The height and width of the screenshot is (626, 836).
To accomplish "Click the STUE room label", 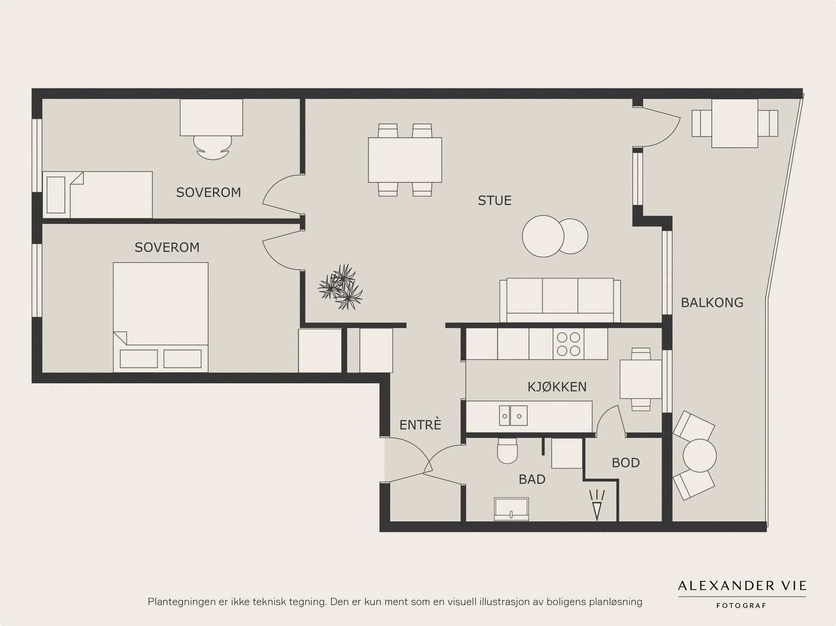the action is click(494, 201).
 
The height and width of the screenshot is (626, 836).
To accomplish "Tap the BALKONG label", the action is click(712, 303).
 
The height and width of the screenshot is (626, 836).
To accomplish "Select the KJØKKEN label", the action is click(557, 387).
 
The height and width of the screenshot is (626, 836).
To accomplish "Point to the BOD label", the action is click(625, 463).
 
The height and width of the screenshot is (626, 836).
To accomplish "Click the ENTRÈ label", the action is click(420, 425).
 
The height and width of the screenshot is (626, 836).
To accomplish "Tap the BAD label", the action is click(532, 479).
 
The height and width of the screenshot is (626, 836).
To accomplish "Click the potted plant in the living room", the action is click(340, 287).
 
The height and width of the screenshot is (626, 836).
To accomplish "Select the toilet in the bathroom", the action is click(507, 450).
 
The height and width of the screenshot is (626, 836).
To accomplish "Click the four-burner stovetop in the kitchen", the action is click(568, 344).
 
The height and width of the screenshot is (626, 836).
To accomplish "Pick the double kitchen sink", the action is click(513, 415).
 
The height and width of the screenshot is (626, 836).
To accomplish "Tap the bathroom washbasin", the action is click(511, 509).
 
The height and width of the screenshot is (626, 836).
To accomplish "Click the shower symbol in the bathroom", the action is click(597, 505).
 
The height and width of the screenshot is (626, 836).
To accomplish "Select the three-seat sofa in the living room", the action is click(560, 301).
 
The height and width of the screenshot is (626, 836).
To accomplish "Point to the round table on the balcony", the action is click(700, 456).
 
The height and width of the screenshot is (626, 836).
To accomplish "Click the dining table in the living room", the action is click(405, 160).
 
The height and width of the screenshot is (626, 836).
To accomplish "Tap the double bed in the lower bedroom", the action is click(160, 317).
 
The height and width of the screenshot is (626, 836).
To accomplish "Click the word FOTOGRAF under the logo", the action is click(741, 606).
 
